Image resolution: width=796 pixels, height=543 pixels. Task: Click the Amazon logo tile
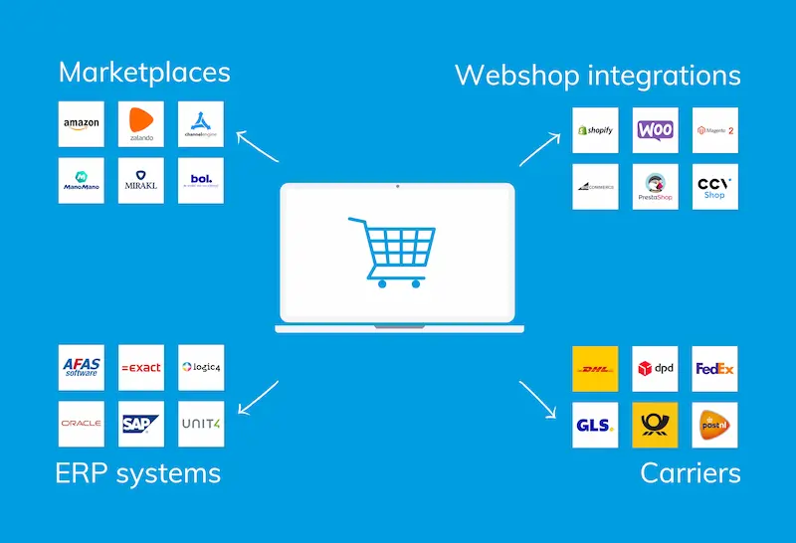pyautogui.click(x=82, y=124)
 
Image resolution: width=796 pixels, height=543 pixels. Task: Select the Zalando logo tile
pyautogui.click(x=140, y=124)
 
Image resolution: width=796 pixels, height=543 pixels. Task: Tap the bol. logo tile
pyautogui.click(x=201, y=180)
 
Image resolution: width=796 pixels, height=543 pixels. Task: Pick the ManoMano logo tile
pyautogui.click(x=82, y=180)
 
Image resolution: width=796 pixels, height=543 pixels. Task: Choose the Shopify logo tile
pyautogui.click(x=595, y=130)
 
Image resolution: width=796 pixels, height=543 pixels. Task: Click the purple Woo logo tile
pyautogui.click(x=655, y=130)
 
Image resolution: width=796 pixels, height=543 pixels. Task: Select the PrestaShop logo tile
pyautogui.click(x=655, y=186)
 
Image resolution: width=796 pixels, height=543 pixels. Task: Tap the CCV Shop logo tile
pyautogui.click(x=714, y=186)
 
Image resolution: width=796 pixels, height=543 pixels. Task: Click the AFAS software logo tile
pyautogui.click(x=82, y=367)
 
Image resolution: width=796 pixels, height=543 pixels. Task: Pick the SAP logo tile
pyautogui.click(x=140, y=424)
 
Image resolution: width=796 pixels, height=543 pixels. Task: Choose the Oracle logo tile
pyautogui.click(x=82, y=424)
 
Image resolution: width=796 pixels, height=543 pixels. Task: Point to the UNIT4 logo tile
pyautogui.click(x=201, y=424)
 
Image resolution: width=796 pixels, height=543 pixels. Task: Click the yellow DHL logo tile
pyautogui.click(x=595, y=369)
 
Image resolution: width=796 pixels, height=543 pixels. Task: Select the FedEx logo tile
pyautogui.click(x=714, y=369)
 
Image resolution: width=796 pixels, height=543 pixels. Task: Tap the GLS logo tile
pyautogui.click(x=595, y=425)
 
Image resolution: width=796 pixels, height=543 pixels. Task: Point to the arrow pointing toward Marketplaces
pyautogui.click(x=258, y=147)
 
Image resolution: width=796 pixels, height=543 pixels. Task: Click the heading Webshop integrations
pyautogui.click(x=597, y=76)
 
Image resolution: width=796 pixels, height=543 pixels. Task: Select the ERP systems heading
pyautogui.click(x=137, y=472)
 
